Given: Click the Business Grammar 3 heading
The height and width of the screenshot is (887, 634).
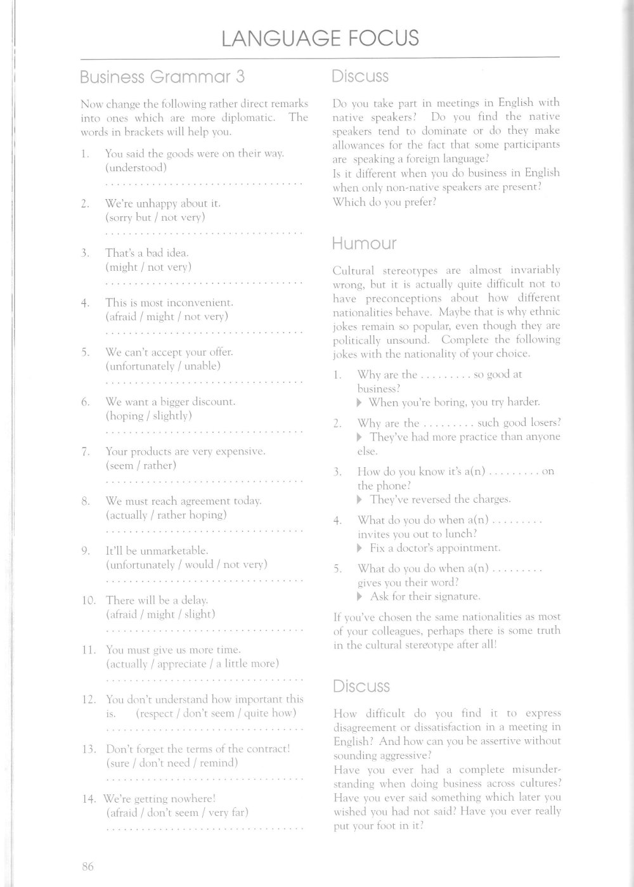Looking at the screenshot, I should [162, 77].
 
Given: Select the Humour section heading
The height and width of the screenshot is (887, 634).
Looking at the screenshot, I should [365, 243].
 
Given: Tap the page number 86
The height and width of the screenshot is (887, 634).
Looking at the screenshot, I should [87, 865].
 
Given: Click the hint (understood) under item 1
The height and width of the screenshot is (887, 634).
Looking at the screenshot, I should [136, 168].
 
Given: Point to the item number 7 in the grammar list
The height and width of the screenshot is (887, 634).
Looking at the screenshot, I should [85, 452].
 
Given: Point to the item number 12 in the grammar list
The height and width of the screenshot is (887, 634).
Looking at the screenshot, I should [89, 700].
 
